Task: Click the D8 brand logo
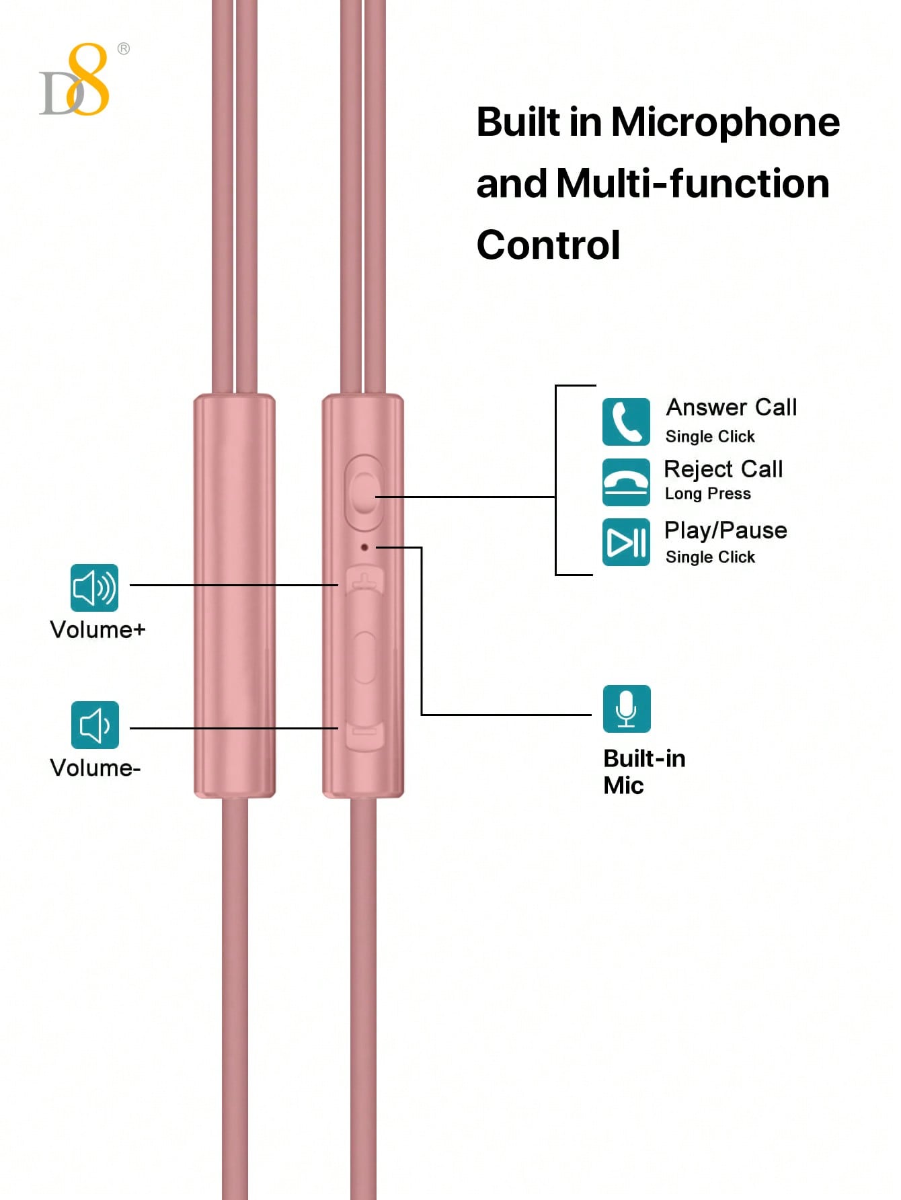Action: coord(76,81)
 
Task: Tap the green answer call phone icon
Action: coord(625,422)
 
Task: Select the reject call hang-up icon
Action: coord(625,482)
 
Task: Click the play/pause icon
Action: coord(625,542)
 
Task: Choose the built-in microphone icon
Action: coord(626,709)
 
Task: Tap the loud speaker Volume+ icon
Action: coord(95,588)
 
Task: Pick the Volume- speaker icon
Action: coord(95,725)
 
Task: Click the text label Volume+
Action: coord(97,630)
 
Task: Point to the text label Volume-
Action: coord(95,768)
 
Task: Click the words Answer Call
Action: coord(731,407)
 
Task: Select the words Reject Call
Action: coord(723,469)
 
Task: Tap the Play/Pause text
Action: coord(725,530)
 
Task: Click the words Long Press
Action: coord(707,493)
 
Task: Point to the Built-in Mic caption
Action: coord(643,772)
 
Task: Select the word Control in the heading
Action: coord(548,245)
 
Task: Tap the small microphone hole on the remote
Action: coord(364,547)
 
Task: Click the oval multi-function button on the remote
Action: coord(364,493)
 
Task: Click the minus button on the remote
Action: coord(364,733)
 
